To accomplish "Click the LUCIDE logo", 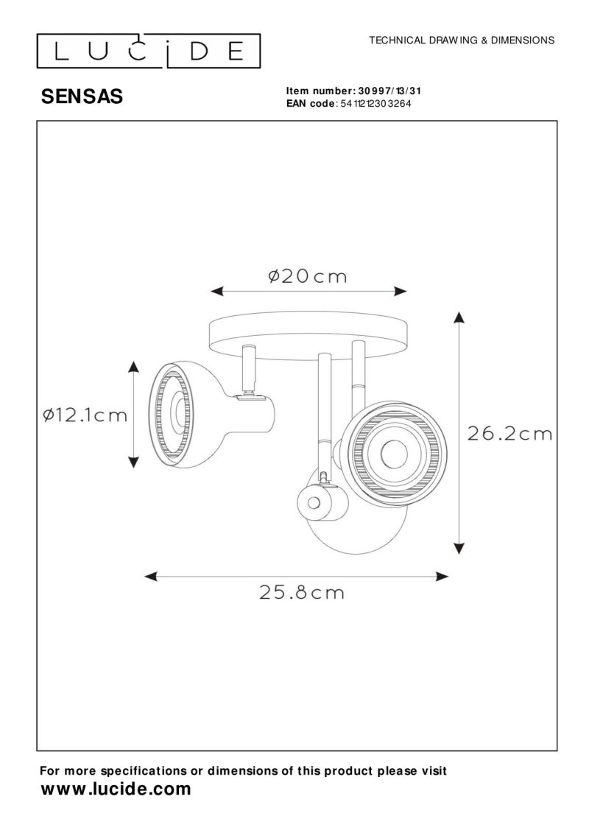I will coord(149,51).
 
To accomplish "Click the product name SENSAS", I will coord(82,96).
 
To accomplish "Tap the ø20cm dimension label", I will coord(307,276).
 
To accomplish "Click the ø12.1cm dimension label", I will coord(85,415).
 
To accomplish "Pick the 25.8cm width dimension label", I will coord(302,591).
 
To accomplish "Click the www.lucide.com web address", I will coord(116,790).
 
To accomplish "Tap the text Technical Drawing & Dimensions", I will coord(462,41).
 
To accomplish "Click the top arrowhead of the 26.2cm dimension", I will coord(458,318).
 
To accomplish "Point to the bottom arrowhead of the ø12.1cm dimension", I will coord(133,461).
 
